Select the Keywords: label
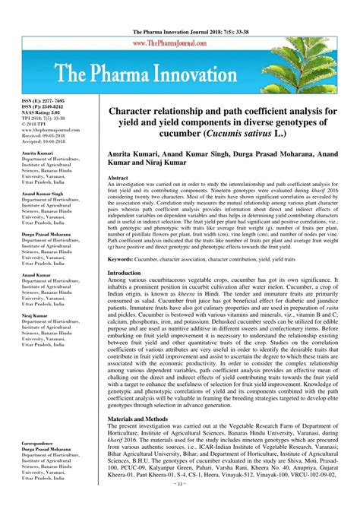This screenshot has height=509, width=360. [125, 259]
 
